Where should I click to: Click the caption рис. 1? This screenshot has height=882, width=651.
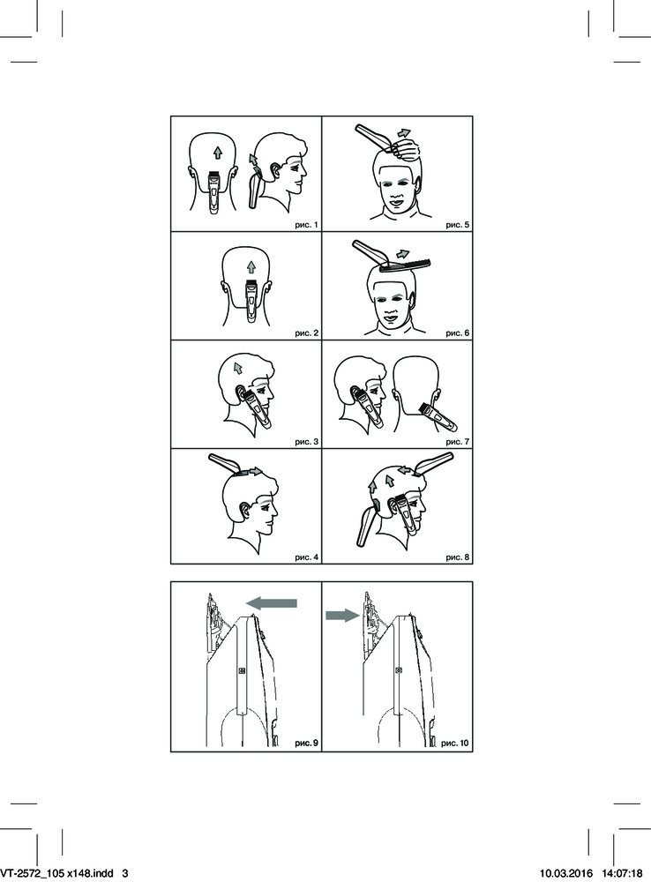pyautogui.click(x=306, y=225)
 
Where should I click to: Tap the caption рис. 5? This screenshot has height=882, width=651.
pyautogui.click(x=457, y=225)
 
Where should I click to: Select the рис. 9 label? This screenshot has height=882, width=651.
pyautogui.click(x=306, y=743)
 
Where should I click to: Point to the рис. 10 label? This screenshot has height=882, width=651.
pyautogui.click(x=454, y=743)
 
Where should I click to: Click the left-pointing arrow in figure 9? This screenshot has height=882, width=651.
pyautogui.click(x=272, y=603)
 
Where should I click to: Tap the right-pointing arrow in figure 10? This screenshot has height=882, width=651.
pyautogui.click(x=342, y=616)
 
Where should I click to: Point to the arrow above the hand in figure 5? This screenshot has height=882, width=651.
pyautogui.click(x=403, y=133)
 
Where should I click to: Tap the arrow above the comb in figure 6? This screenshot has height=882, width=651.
pyautogui.click(x=402, y=253)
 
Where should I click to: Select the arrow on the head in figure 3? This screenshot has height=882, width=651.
pyautogui.click(x=238, y=368)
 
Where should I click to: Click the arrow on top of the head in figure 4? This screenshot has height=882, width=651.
pyautogui.click(x=256, y=471)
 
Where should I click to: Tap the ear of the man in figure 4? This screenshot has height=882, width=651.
pyautogui.click(x=244, y=510)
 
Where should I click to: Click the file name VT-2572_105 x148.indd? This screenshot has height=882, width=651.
pyautogui.click(x=56, y=873)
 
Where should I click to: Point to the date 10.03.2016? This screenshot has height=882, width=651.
pyautogui.click(x=566, y=873)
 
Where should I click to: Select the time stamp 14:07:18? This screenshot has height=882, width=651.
pyautogui.click(x=621, y=873)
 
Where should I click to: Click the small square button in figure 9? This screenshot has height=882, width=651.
pyautogui.click(x=242, y=670)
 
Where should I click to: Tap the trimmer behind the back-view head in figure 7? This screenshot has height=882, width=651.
pyautogui.click(x=438, y=415)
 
